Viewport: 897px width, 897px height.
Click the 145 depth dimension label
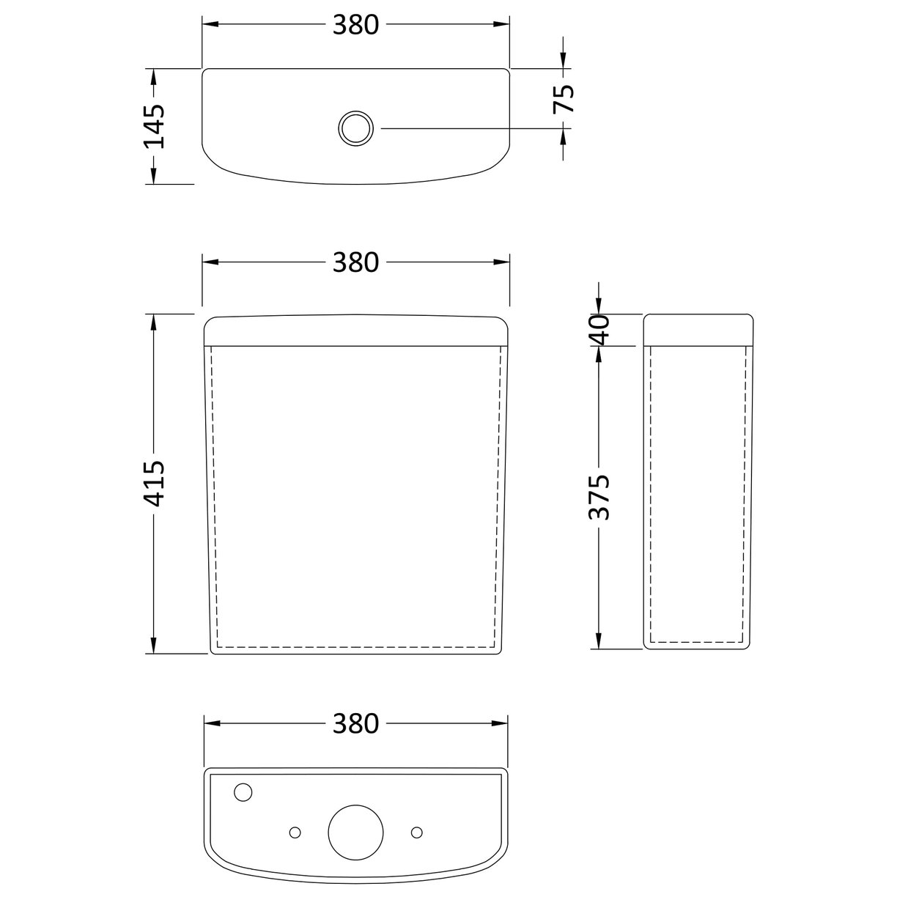[x=155, y=126]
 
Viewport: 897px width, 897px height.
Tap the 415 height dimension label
[x=155, y=484]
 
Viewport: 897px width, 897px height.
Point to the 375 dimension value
[x=599, y=497]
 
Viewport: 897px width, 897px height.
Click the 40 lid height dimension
[x=599, y=329]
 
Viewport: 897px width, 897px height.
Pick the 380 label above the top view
[x=355, y=25]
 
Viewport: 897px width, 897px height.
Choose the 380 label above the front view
[x=355, y=262]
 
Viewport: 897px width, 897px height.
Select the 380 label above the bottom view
[x=355, y=723]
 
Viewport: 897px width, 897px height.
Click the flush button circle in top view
[x=356, y=128]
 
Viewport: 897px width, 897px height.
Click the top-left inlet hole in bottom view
[x=243, y=792]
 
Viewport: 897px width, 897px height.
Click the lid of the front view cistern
[x=356, y=329]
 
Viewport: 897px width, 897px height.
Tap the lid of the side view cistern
[x=698, y=329]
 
